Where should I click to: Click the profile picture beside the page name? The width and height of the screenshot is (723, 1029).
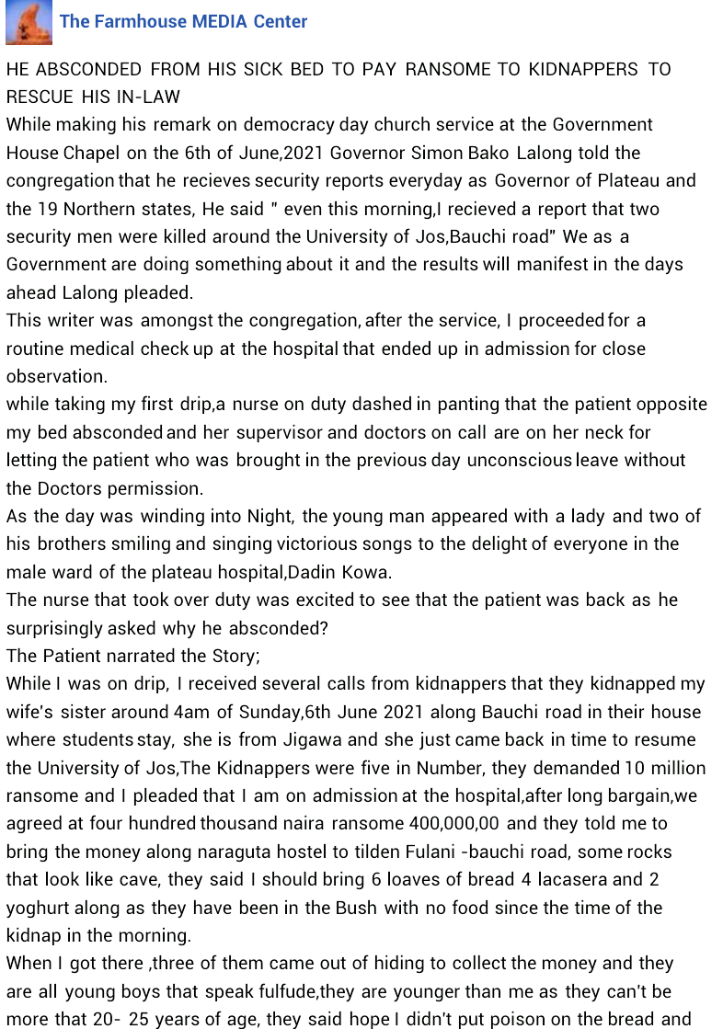(x=29, y=23)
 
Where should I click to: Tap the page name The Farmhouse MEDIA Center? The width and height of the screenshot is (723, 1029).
(x=183, y=21)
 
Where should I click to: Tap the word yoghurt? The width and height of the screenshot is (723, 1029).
(x=39, y=908)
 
